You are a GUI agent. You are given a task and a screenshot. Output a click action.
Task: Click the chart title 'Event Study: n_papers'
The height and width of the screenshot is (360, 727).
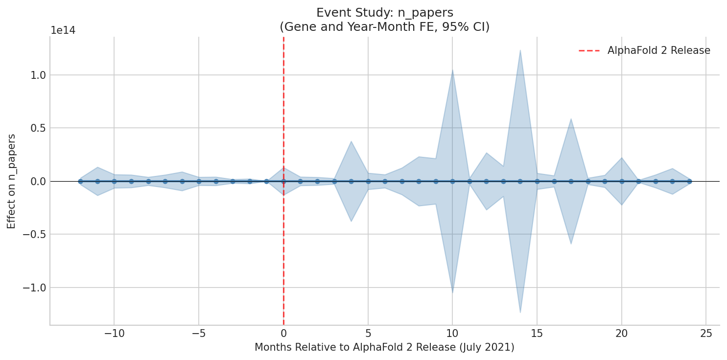[x=384, y=13]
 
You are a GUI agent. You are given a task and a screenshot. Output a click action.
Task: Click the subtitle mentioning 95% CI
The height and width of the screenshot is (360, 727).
[x=384, y=27]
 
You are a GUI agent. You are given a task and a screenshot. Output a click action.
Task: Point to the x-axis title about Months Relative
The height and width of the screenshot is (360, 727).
[x=384, y=347]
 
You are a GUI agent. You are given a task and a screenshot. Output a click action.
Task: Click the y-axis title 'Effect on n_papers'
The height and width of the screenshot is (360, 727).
[x=12, y=181]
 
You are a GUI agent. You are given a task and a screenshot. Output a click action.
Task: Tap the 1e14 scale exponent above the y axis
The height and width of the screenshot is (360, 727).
[x=63, y=30]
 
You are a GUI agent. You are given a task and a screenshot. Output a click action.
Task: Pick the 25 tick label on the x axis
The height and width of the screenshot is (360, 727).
[x=705, y=334]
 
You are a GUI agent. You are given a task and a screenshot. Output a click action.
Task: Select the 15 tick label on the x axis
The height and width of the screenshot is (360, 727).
[x=537, y=334]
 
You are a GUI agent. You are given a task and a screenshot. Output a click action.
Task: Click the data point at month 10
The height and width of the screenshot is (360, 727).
[x=452, y=181]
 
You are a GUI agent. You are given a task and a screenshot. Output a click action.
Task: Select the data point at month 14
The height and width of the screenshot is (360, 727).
[x=520, y=181]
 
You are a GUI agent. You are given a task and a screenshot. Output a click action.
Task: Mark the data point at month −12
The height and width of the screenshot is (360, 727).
[x=80, y=181]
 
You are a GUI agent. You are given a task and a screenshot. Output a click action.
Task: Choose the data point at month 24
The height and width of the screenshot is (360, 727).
[x=689, y=181]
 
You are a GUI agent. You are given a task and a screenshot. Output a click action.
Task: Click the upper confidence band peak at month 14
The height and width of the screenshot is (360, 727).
[x=520, y=50]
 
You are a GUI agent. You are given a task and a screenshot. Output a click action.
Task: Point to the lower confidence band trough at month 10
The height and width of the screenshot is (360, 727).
[x=452, y=292]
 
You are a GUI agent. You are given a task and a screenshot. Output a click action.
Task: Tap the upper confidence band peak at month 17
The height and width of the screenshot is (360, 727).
[x=571, y=119]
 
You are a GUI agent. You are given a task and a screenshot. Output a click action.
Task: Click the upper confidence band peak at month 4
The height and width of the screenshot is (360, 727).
[x=351, y=142]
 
